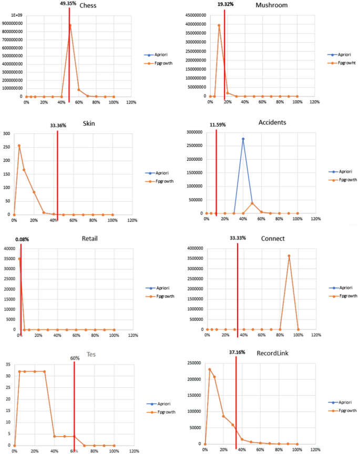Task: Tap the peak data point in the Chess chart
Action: (x=70, y=25)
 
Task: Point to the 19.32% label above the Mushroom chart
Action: (x=225, y=4)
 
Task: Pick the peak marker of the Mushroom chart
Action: (x=219, y=25)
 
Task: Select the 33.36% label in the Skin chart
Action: (x=58, y=126)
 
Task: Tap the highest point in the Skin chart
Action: (x=19, y=146)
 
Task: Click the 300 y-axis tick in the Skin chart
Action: (x=6, y=133)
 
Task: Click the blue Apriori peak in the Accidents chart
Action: (x=243, y=139)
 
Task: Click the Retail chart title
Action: (x=90, y=239)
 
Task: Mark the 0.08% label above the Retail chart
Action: (x=22, y=239)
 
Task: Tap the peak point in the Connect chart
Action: (x=289, y=256)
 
